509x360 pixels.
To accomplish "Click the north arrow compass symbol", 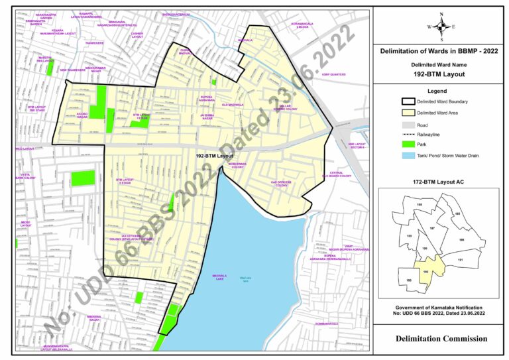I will [x=439, y=26].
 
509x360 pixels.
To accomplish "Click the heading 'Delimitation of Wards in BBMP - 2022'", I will [x=439, y=51].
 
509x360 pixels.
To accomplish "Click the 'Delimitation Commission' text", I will [x=441, y=338].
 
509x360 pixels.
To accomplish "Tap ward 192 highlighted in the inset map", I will [x=425, y=270].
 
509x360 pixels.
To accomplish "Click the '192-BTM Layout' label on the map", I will [x=213, y=155].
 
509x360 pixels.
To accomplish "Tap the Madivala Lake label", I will [x=219, y=276].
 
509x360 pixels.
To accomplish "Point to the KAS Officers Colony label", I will [x=282, y=184].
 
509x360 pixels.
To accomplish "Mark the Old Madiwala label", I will [x=233, y=105].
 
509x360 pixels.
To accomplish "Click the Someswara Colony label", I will [x=237, y=166].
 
